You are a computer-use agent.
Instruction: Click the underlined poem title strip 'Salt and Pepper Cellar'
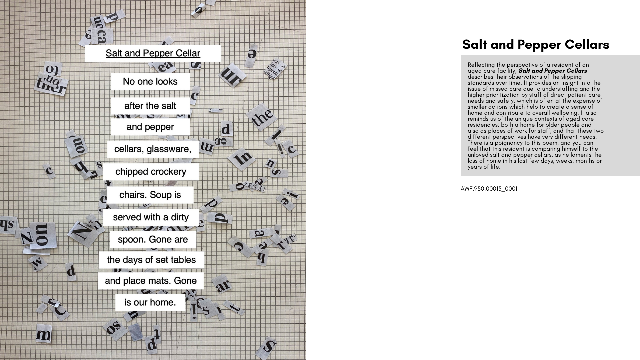pyautogui.click(x=153, y=53)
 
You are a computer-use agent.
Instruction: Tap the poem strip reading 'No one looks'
pyautogui.click(x=150, y=82)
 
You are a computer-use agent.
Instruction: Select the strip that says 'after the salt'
pyautogui.click(x=150, y=106)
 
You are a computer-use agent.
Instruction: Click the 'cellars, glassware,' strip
pyautogui.click(x=153, y=149)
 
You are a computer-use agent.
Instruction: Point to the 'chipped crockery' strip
pyautogui.click(x=151, y=172)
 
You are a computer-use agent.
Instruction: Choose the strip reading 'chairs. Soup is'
pyautogui.click(x=150, y=195)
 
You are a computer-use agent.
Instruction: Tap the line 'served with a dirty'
pyautogui.click(x=151, y=217)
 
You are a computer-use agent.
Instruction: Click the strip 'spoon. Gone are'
pyautogui.click(x=153, y=240)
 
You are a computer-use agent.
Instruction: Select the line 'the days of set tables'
pyautogui.click(x=151, y=260)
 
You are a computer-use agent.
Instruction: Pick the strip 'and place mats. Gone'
pyautogui.click(x=151, y=281)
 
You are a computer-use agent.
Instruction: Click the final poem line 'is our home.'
pyautogui.click(x=150, y=302)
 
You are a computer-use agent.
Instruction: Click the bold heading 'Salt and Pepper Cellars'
pyautogui.click(x=536, y=44)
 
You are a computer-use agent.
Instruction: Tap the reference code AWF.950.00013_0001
pyautogui.click(x=489, y=189)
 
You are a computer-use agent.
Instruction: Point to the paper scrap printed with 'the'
pyautogui.click(x=262, y=117)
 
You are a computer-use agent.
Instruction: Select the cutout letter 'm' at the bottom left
pyautogui.click(x=44, y=334)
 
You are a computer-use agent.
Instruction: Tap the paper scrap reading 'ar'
pyautogui.click(x=223, y=285)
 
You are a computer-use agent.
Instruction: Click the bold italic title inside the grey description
pyautogui.click(x=553, y=71)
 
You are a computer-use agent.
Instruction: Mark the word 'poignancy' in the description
pyautogui.click(x=509, y=143)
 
